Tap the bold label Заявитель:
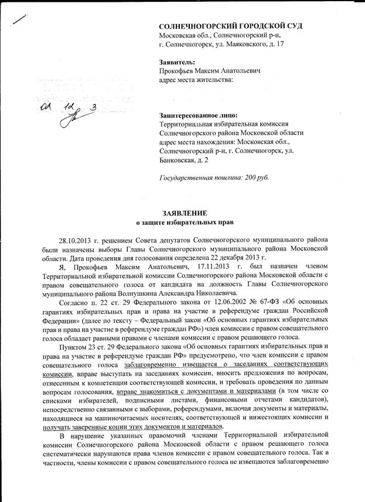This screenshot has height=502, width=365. click(x=178, y=62)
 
